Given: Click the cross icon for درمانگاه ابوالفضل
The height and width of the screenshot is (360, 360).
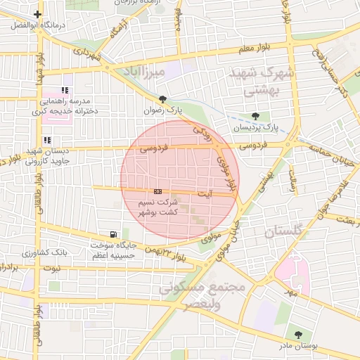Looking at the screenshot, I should [x=37, y=14].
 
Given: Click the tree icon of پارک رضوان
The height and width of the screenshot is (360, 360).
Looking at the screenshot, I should [x=163, y=99].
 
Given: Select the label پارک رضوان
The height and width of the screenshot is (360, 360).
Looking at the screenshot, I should [x=163, y=110].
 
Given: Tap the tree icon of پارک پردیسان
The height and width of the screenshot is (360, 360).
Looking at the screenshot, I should [x=255, y=116].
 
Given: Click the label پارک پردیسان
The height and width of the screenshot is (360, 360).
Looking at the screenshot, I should [x=256, y=127].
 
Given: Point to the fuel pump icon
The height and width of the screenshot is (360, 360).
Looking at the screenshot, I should [x=114, y=234].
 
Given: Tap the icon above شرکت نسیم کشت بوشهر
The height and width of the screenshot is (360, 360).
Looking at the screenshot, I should [x=157, y=191].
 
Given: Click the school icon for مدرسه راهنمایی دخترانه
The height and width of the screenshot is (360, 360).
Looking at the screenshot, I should [x=65, y=90].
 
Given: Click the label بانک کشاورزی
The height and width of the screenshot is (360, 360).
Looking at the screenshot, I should [x=44, y=251].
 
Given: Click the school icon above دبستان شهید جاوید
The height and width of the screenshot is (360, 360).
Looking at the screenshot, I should [x=47, y=141].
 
